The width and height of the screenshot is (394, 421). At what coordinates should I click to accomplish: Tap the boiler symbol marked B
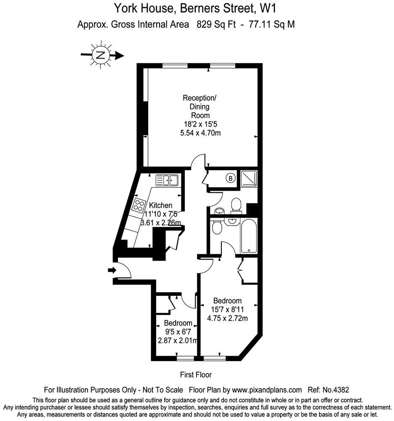[230, 178]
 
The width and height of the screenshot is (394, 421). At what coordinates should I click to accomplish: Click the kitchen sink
[167, 180]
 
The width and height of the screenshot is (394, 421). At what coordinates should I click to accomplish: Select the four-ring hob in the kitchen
[138, 205]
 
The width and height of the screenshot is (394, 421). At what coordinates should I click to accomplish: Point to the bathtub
[249, 236]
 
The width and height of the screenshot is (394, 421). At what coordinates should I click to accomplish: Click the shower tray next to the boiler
[249, 178]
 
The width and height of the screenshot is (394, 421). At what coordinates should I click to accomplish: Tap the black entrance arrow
[112, 270]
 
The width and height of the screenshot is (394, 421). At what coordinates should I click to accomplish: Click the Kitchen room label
[160, 205]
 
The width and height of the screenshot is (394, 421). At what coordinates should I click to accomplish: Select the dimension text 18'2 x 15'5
[200, 124]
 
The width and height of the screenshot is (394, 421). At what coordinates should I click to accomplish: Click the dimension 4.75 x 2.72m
[227, 318]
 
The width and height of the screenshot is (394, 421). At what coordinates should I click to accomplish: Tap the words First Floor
[196, 375]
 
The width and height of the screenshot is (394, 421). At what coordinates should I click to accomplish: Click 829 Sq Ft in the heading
[216, 24]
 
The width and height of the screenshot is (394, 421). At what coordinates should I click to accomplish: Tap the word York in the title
[125, 8]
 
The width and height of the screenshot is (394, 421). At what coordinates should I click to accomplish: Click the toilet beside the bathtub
[217, 227]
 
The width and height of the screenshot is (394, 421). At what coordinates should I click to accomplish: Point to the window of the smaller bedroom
[186, 358]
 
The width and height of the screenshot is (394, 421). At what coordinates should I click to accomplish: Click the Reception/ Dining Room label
[200, 107]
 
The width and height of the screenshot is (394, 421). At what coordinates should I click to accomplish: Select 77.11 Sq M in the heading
[272, 24]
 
